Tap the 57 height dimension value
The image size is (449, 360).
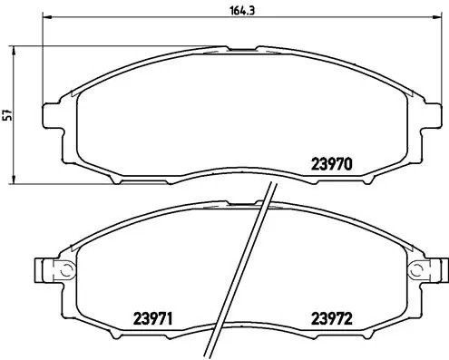(8, 114)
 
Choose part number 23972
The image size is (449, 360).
(331, 318)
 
